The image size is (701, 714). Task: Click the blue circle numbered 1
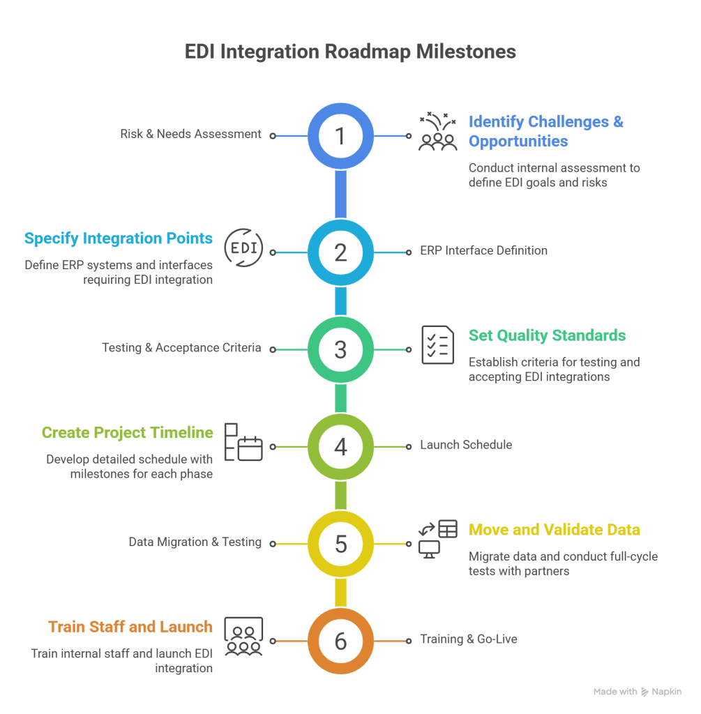tap(340, 136)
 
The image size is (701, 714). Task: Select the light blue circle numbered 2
tap(340, 252)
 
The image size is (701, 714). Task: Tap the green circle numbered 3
tap(340, 349)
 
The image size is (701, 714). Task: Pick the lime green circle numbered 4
tap(340, 447)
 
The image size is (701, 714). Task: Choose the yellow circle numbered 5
tap(340, 544)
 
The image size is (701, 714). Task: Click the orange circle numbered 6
tap(340, 641)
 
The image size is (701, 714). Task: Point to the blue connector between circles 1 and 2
tap(340, 194)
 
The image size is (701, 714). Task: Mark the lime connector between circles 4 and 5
tap(340, 495)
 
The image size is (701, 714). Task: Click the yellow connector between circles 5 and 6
tap(340, 593)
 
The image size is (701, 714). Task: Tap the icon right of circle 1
tap(432, 134)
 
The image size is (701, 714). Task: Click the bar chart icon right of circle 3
tap(431, 351)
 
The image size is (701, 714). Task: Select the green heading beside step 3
tap(550, 342)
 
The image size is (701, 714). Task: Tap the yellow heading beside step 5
tap(550, 536)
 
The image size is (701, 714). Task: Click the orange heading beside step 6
tap(130, 633)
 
